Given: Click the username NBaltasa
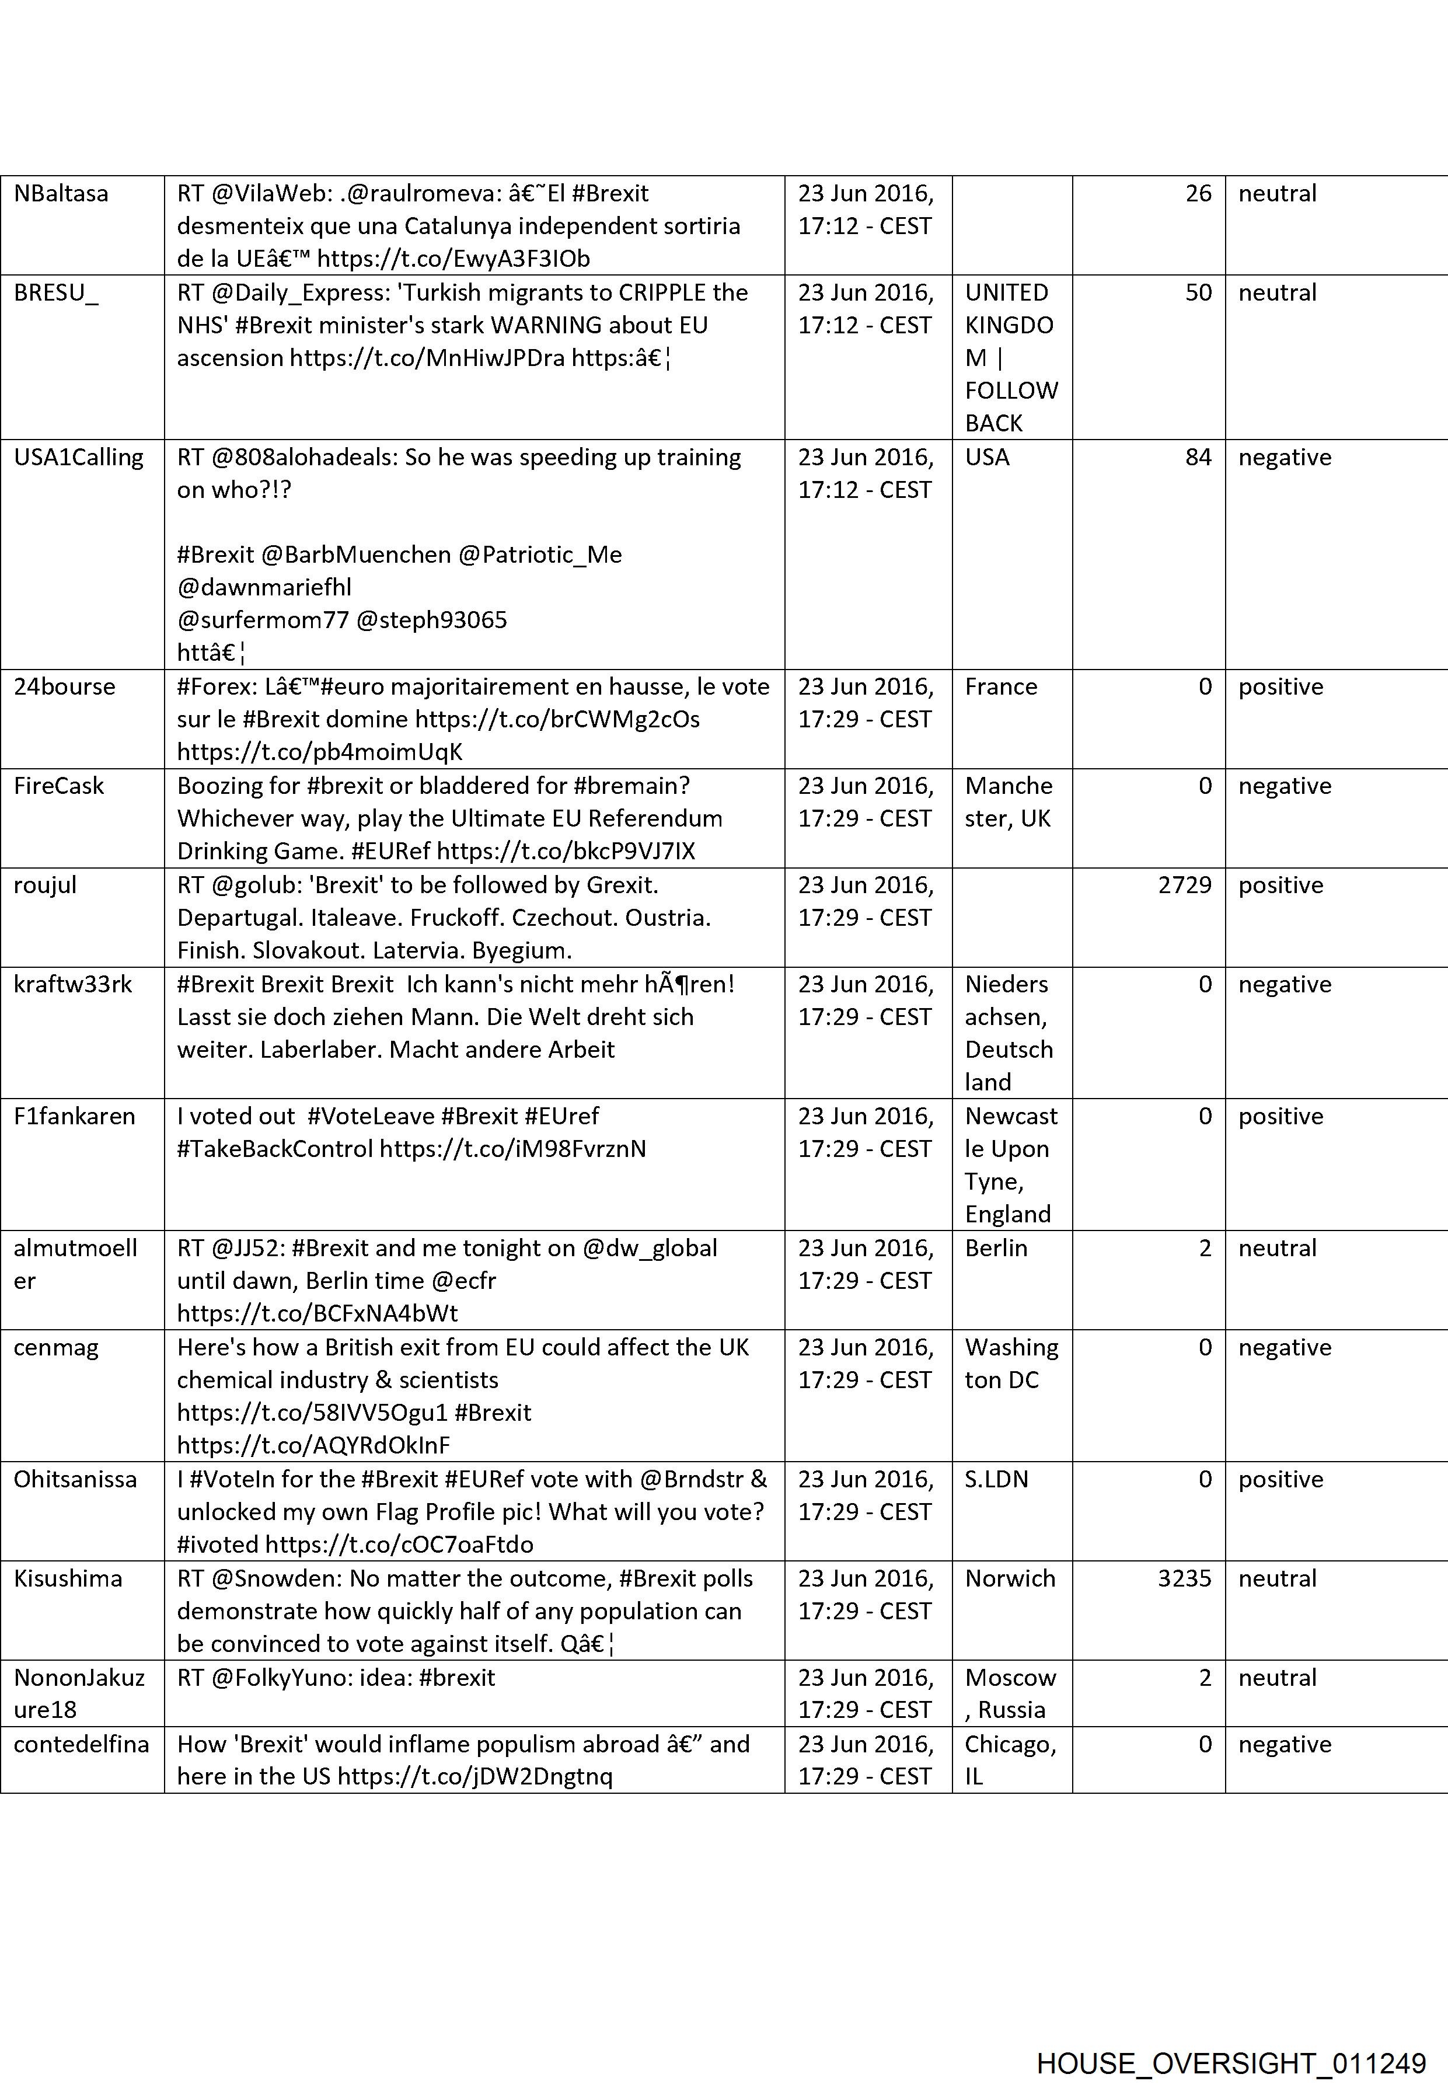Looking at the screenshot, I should pos(61,193).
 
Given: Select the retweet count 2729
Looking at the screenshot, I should pos(1184,885).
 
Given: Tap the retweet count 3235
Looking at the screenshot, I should pos(1184,1578).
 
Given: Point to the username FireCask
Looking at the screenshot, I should pos(59,786).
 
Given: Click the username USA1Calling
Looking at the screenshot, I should pos(79,457).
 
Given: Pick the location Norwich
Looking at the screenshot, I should pos(1010,1578).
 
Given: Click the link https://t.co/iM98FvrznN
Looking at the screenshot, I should pos(512,1149).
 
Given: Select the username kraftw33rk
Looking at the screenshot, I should pos(72,985).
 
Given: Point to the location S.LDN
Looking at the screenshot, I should pos(996,1479).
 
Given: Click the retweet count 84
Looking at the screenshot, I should pos(1198,457).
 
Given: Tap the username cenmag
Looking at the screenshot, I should pos(56,1347).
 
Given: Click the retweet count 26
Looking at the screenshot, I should pos(1198,193).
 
